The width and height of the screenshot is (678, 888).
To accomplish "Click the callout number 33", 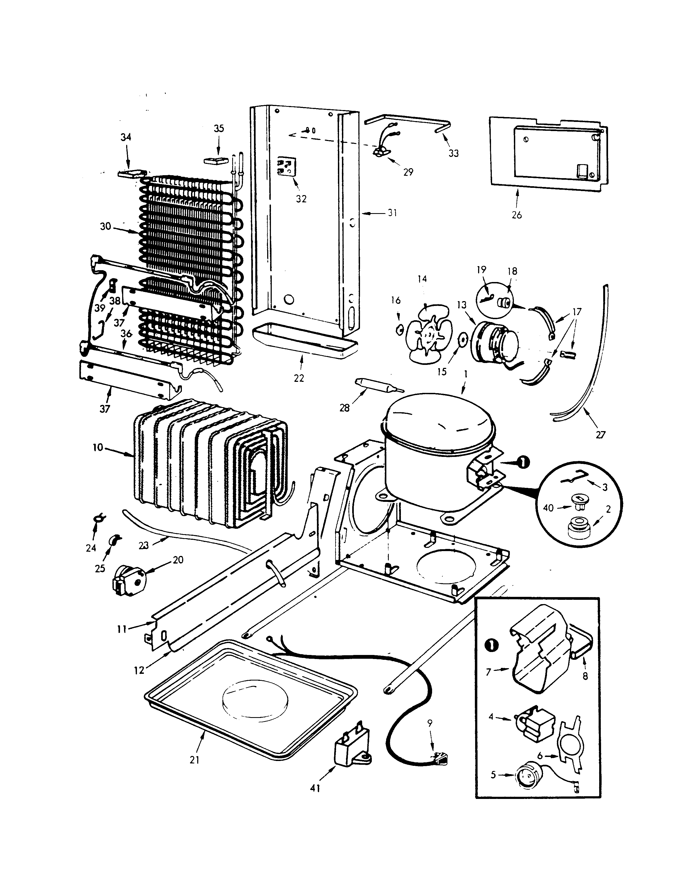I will point(454,153).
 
